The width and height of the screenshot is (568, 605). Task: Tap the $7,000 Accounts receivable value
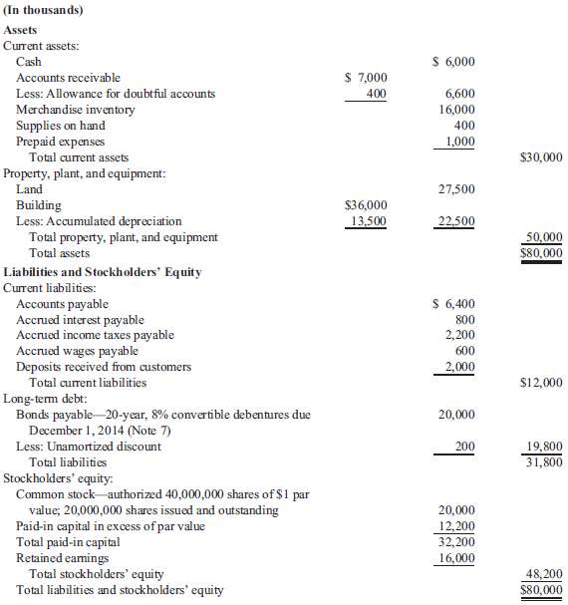365,78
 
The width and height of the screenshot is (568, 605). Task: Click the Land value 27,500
456,189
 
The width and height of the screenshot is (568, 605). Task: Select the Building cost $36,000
365,205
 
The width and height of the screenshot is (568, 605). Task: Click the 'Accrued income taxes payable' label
95,335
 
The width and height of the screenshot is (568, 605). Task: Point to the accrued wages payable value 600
464,351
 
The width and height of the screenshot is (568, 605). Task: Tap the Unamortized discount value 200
464,447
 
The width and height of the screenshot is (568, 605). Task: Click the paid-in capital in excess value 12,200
456,526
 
